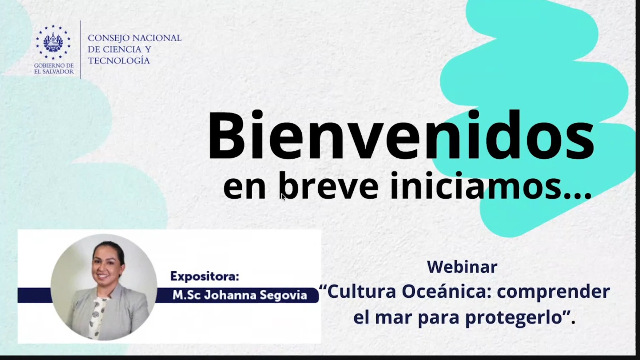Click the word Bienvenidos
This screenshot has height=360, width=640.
(402, 135)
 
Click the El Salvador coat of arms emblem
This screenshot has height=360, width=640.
(53, 42)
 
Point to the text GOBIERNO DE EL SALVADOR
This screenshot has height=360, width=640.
(54, 68)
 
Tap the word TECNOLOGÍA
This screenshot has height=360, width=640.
(119, 60)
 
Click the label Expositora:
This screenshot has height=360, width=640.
(204, 276)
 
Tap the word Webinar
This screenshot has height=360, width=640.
(462, 266)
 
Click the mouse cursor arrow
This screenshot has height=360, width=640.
(283, 197)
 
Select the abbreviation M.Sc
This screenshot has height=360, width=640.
(186, 295)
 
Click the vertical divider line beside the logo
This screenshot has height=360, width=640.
(81, 50)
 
